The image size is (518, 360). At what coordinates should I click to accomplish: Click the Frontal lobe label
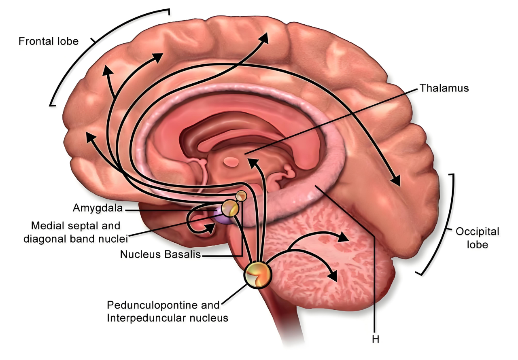click(49, 41)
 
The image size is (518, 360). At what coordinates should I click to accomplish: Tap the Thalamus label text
click(444, 88)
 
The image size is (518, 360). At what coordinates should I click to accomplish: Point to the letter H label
click(376, 339)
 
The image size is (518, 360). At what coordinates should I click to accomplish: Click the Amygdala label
click(98, 208)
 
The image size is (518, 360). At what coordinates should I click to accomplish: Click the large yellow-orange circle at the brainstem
click(258, 275)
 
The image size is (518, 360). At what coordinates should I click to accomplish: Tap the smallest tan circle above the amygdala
click(241, 196)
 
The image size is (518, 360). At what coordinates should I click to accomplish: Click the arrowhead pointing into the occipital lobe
click(395, 181)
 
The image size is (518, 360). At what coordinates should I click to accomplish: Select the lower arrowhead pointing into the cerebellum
click(333, 276)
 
